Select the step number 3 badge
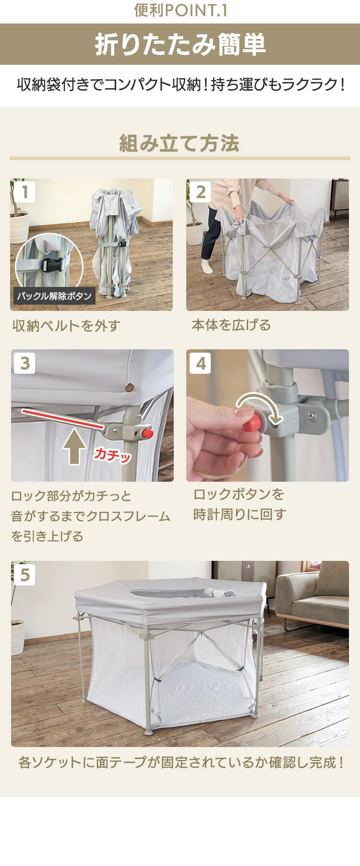click(x=25, y=363)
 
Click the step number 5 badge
click(x=25, y=574)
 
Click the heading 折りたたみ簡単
click(x=180, y=45)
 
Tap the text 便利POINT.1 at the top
click(x=180, y=11)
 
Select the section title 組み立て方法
click(x=180, y=143)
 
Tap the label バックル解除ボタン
click(x=54, y=296)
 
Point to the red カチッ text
click(x=112, y=454)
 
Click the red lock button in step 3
click(x=147, y=433)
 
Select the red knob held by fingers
click(x=252, y=422)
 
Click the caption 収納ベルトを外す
click(x=66, y=326)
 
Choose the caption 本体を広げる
click(x=231, y=325)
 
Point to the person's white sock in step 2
click(x=207, y=266)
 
